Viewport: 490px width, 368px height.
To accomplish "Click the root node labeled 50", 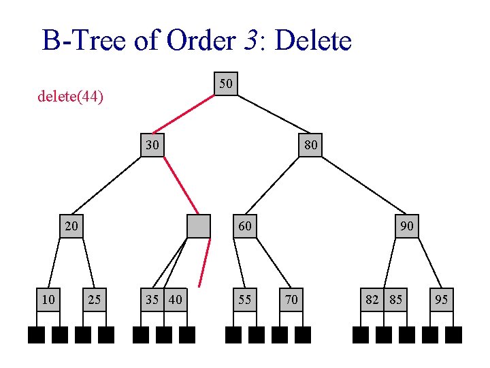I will [x=226, y=83].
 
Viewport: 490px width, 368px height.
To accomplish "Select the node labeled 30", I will [x=152, y=144].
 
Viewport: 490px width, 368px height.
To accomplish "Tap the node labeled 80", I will [x=310, y=144].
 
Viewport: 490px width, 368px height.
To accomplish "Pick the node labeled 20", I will [x=71, y=226].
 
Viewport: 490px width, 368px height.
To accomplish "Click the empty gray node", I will [x=199, y=226].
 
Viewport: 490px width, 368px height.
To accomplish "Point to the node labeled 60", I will [x=245, y=226].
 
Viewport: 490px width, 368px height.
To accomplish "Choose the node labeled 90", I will [x=407, y=226].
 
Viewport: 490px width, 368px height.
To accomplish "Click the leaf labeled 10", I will [x=48, y=298].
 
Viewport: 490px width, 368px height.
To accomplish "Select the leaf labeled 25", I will [x=95, y=298].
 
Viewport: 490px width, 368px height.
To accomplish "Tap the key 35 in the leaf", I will [x=152, y=298].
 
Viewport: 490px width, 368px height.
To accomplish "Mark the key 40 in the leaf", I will [x=176, y=298].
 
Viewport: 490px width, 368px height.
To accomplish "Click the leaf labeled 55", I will [x=244, y=298].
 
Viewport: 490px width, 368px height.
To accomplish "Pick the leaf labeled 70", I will [x=291, y=298].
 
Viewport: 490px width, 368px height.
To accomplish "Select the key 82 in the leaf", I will [x=372, y=298].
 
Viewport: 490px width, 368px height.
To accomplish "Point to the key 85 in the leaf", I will [x=395, y=298].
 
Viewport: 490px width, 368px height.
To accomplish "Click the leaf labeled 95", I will [x=442, y=298].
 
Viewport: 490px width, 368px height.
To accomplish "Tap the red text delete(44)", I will [x=70, y=97].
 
